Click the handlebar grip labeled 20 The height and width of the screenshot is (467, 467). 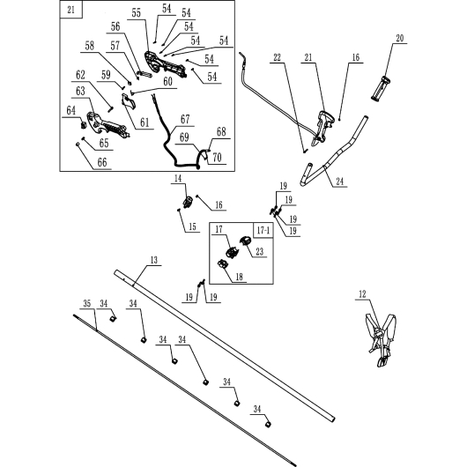(x=381, y=88)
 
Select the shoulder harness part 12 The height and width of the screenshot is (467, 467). (x=381, y=340)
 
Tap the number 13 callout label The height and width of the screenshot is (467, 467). (x=153, y=260)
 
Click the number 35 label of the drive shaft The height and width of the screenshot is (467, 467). (x=87, y=304)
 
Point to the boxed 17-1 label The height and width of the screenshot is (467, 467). (x=263, y=230)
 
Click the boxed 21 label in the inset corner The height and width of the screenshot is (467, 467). (x=70, y=10)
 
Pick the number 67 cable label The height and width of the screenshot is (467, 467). (x=185, y=120)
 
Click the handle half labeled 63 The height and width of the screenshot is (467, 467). (x=107, y=124)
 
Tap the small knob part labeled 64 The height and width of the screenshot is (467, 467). (x=84, y=124)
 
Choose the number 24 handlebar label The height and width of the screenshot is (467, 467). (x=340, y=182)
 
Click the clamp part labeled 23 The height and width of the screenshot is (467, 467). (x=246, y=240)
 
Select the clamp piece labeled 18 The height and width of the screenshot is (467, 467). (x=223, y=264)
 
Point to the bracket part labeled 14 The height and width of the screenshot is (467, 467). (x=189, y=202)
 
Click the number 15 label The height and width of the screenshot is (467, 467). (x=192, y=227)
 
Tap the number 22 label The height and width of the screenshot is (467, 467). (x=277, y=57)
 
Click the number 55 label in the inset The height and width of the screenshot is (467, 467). (x=136, y=13)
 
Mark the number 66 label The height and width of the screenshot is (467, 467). (x=102, y=163)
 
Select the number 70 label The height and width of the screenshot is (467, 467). (x=217, y=157)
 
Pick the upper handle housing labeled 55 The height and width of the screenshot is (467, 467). (x=166, y=65)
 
